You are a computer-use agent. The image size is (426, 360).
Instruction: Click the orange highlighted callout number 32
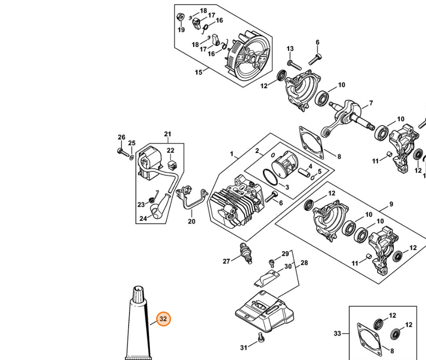(163, 319)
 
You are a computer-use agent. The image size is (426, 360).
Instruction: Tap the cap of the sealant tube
(139, 294)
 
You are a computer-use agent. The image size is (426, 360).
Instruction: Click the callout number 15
(199, 72)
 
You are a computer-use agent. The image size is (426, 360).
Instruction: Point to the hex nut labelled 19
(180, 17)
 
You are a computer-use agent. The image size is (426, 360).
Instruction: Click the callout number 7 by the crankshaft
(371, 103)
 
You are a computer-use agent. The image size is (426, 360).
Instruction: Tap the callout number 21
(167, 134)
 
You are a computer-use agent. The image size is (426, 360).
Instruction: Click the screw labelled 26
(123, 152)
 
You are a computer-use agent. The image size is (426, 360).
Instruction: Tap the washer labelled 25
(131, 157)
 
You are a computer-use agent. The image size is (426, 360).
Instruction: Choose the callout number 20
(191, 221)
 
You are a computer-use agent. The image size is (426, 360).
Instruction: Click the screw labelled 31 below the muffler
(260, 337)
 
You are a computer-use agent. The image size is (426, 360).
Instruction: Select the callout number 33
(337, 333)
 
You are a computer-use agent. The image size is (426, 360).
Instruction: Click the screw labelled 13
(294, 65)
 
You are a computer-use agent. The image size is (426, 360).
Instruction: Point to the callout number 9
(391, 204)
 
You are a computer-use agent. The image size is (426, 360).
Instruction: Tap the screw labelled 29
(272, 262)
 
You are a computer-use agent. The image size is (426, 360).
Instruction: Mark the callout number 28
(304, 262)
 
